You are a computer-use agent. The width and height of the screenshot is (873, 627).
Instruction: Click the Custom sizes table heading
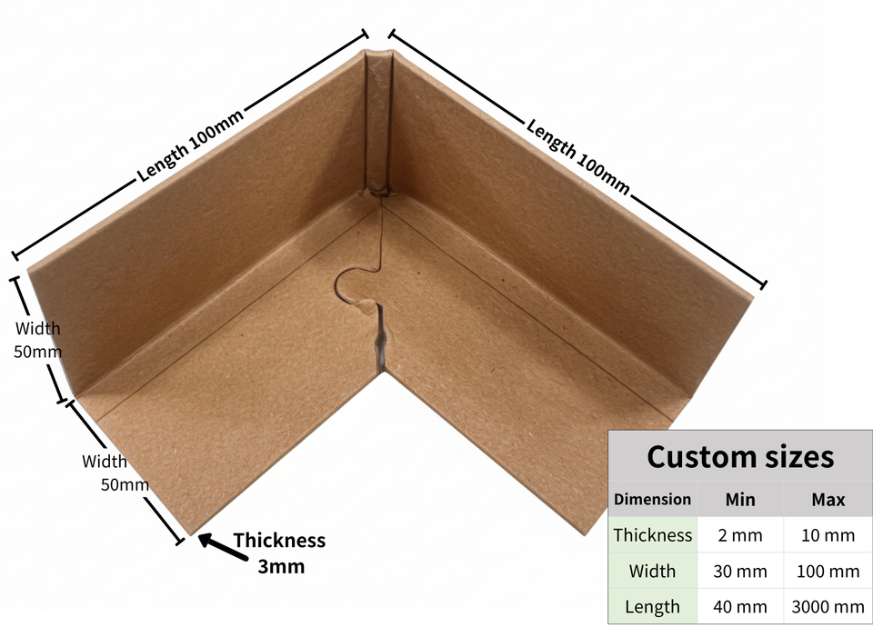click(x=739, y=455)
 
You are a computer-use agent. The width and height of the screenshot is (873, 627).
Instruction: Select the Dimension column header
click(x=652, y=499)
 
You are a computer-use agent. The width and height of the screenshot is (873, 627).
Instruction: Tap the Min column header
click(x=739, y=499)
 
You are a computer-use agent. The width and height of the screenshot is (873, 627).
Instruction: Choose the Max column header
click(x=827, y=499)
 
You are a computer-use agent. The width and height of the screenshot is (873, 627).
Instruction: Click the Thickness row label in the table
click(x=652, y=535)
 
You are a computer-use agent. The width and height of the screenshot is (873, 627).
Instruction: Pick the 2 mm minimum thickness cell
click(x=739, y=535)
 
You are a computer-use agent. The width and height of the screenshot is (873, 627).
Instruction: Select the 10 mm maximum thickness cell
click(x=827, y=535)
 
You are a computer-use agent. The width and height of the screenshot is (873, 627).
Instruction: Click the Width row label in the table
click(x=652, y=572)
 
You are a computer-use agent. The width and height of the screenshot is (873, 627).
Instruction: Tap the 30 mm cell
click(x=739, y=572)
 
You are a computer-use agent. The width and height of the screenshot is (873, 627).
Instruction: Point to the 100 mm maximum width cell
click(x=827, y=572)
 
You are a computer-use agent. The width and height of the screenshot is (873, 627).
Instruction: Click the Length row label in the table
click(x=652, y=606)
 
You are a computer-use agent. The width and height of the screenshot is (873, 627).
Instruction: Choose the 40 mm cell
click(x=739, y=606)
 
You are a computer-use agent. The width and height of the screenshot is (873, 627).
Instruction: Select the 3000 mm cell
click(x=827, y=606)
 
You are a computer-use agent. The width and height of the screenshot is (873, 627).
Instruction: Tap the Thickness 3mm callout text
click(x=278, y=552)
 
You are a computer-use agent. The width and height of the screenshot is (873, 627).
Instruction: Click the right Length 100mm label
click(x=578, y=154)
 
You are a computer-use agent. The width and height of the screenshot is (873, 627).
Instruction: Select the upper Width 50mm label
click(x=37, y=339)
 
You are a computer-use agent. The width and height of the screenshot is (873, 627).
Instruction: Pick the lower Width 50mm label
click(x=115, y=473)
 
